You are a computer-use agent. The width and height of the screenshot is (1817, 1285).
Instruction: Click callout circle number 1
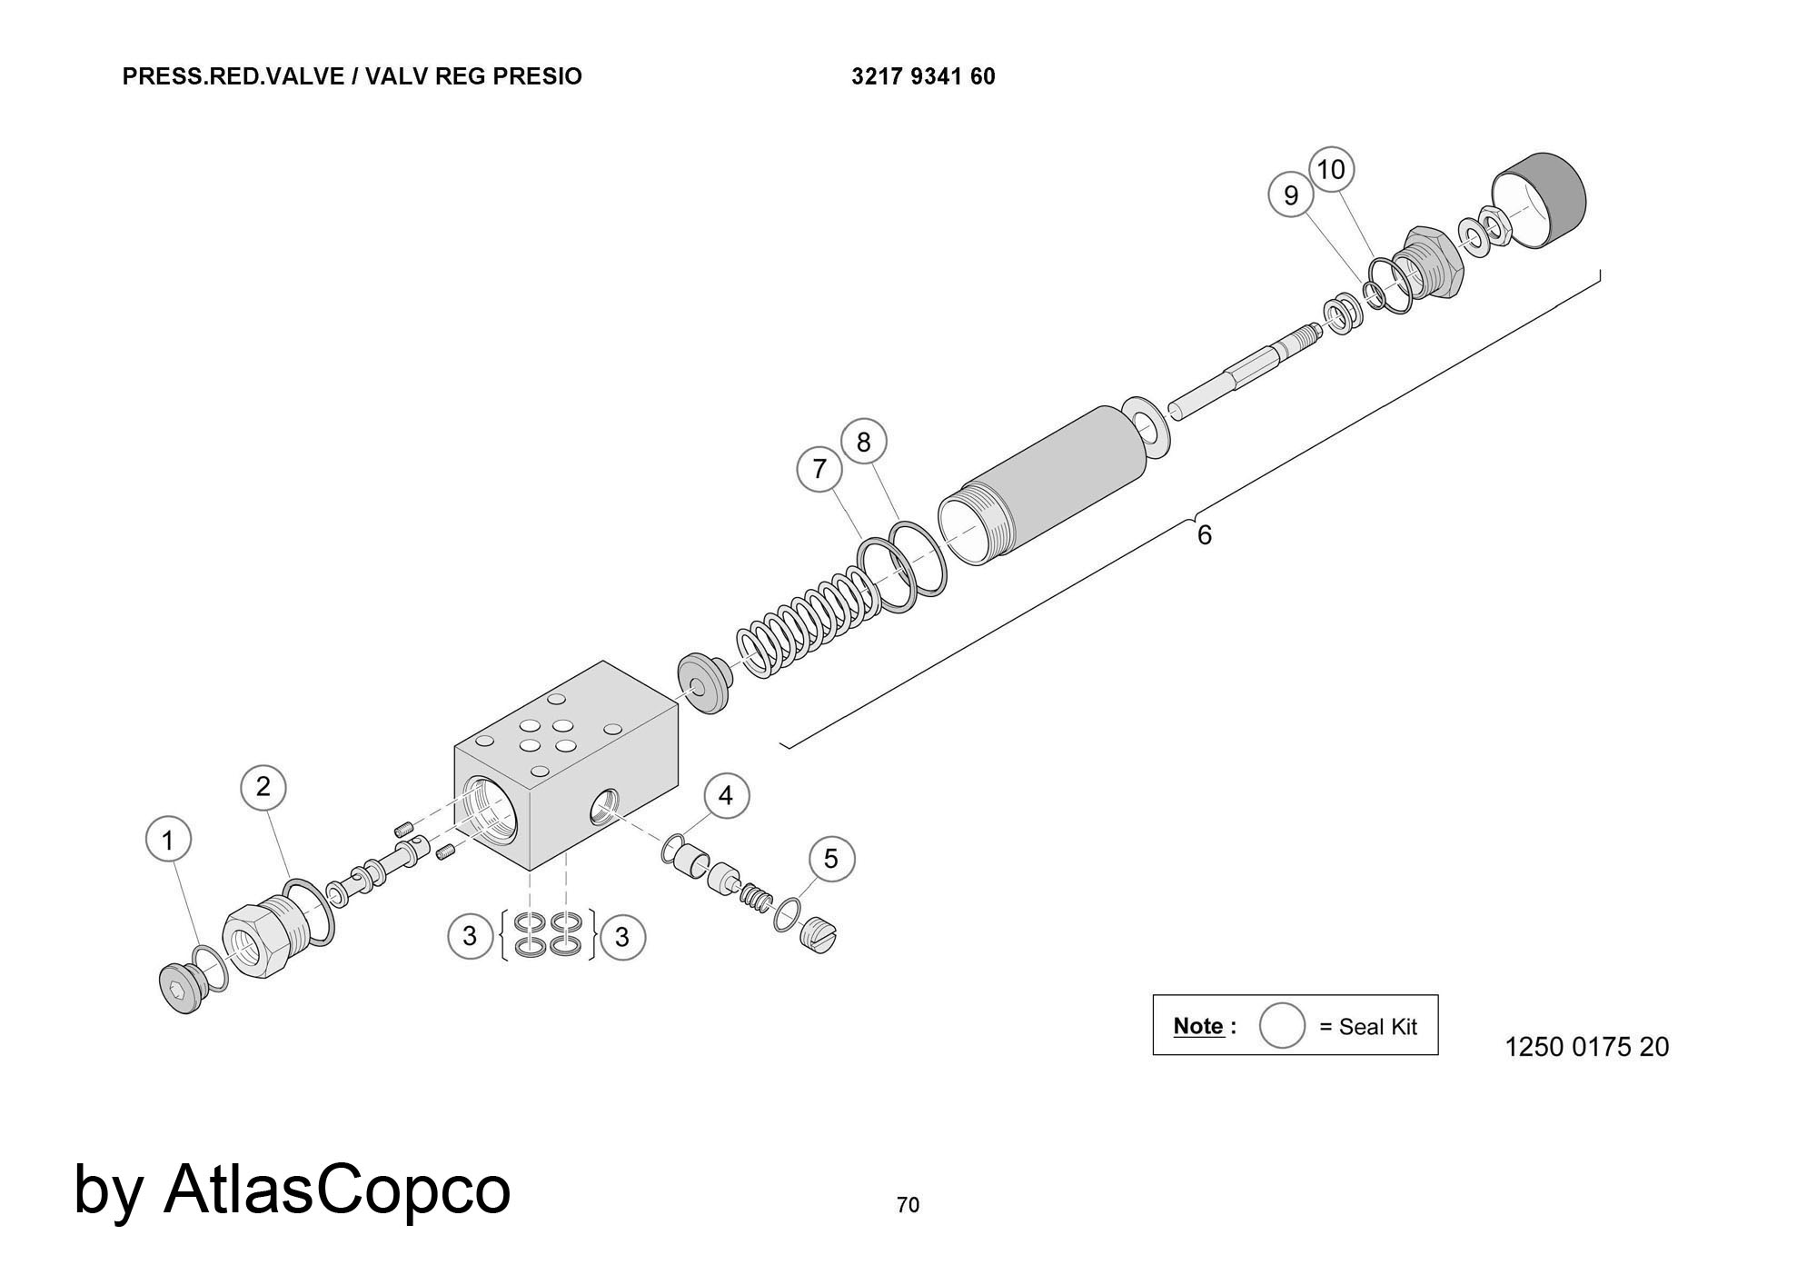[x=168, y=840]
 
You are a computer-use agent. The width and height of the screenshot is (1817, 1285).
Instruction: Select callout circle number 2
[x=263, y=787]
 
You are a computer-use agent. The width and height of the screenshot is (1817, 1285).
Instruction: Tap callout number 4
[x=726, y=796]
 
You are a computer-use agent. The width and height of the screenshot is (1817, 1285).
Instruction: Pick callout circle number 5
[x=831, y=859]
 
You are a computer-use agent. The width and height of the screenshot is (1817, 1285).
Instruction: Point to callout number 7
[x=819, y=469]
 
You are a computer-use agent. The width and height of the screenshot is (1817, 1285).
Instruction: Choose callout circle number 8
[x=863, y=442]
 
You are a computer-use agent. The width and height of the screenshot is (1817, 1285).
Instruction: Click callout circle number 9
[x=1291, y=195]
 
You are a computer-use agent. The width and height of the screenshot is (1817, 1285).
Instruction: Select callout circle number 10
[x=1331, y=170]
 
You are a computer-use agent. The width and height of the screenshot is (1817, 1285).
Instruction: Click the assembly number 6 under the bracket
[x=1205, y=535]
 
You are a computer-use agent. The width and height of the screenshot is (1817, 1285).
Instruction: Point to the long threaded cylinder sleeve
[x=1045, y=486]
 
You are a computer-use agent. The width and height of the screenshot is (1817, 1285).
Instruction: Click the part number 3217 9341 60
[x=923, y=76]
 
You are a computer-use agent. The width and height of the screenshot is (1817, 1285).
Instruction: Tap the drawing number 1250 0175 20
[x=1586, y=1047]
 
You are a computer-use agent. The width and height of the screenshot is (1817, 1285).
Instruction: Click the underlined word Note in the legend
[x=1198, y=1026]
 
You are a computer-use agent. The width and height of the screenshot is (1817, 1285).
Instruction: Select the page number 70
[x=908, y=1205]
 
